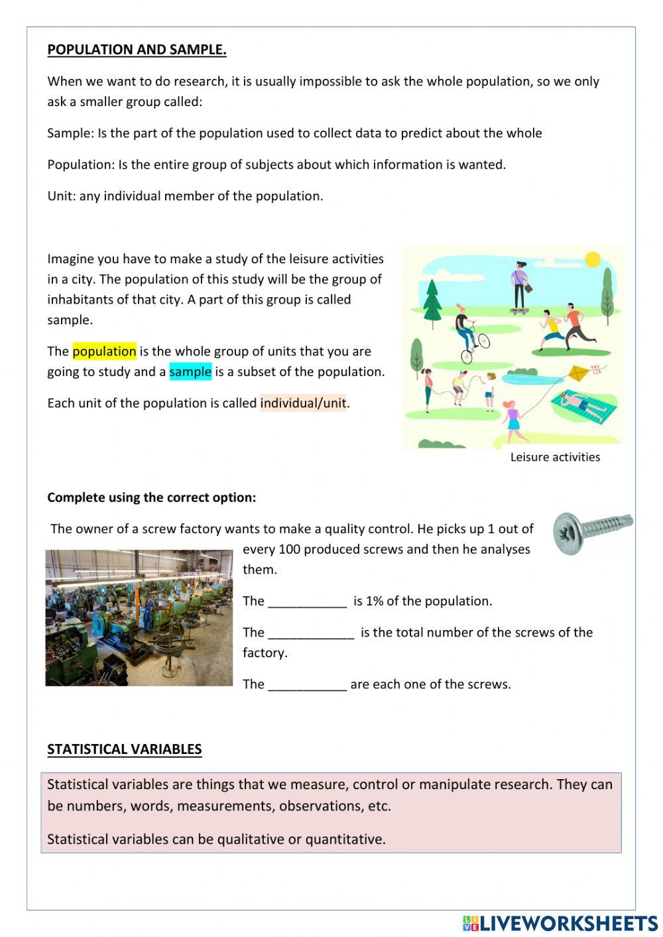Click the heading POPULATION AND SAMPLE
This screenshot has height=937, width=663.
click(137, 50)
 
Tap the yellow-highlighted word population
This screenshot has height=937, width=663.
click(104, 351)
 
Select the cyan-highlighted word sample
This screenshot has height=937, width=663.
click(190, 372)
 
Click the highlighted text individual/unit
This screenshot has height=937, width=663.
click(303, 403)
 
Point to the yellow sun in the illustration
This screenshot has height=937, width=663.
click(593, 259)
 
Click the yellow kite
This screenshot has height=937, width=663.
click(579, 373)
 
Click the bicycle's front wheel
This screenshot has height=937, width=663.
click(483, 341)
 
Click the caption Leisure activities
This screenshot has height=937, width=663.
click(555, 457)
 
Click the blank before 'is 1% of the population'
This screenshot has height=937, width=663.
click(307, 602)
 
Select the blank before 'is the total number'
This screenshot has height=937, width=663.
click(311, 633)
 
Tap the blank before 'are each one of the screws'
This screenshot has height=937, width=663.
click(307, 685)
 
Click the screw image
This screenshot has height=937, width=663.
click(591, 531)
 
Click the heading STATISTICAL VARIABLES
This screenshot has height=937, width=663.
click(124, 749)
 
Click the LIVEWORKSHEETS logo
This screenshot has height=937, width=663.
click(560, 923)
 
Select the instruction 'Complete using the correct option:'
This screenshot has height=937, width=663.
click(151, 497)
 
